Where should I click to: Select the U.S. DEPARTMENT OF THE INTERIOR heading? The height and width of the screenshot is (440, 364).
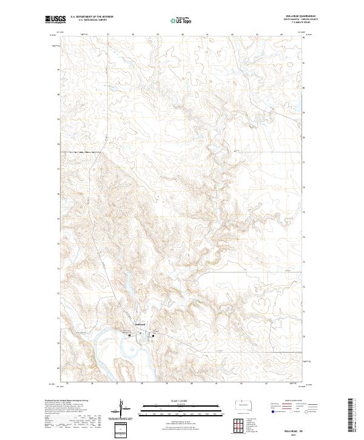click(92, 17)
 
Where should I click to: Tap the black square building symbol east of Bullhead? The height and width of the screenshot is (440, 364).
click(153, 333)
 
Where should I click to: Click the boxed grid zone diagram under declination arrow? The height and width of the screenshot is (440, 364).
click(121, 430)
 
